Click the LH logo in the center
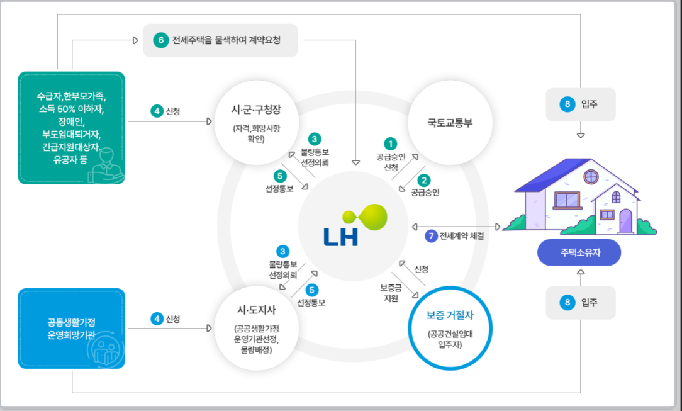pyautogui.click(x=352, y=226)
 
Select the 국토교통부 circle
pyautogui.click(x=449, y=123)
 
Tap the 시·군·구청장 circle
pyautogui.click(x=256, y=123)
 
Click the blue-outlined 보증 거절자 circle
pyautogui.click(x=449, y=328)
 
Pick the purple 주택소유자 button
pyautogui.click(x=579, y=253)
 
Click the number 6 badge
pyautogui.click(x=160, y=40)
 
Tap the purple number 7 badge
pyautogui.click(x=431, y=236)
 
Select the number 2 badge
pyautogui.click(x=425, y=180)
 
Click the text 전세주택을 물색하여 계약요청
pyautogui.click(x=226, y=40)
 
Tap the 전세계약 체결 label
pyautogui.click(x=462, y=237)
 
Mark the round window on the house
pyautogui.click(x=591, y=177)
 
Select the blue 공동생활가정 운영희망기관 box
pyautogui.click(x=72, y=328)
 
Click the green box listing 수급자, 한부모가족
pyautogui.click(x=72, y=127)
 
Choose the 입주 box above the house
pyautogui.click(x=580, y=104)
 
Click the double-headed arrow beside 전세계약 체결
pyautogui.click(x=455, y=227)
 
